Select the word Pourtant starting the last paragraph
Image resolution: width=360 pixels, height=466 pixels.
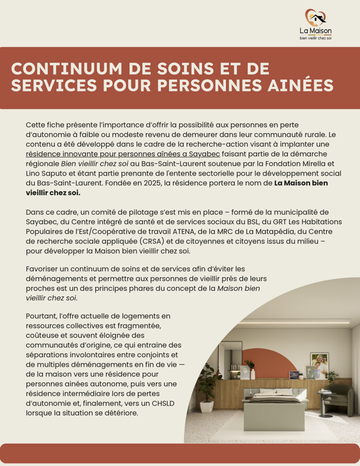(43, 316)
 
